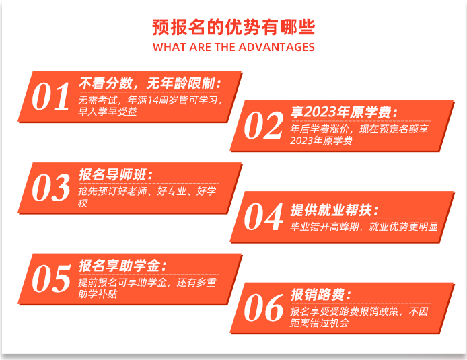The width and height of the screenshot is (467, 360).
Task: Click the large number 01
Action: pyautogui.click(x=50, y=96)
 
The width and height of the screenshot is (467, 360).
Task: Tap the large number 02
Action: pyautogui.click(x=263, y=125)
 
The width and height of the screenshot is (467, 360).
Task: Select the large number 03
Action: pyautogui.click(x=50, y=188)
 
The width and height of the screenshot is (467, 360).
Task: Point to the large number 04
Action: pyautogui.click(x=263, y=217)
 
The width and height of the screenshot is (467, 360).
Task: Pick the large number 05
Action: pyautogui.click(x=51, y=279)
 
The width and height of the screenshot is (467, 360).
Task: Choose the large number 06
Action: pyautogui.click(x=263, y=308)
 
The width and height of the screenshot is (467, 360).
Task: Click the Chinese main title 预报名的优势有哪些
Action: pyautogui.click(x=233, y=28)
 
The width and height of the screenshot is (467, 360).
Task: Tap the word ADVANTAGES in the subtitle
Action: pyautogui.click(x=277, y=47)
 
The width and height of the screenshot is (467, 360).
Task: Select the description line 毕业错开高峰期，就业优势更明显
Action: pyautogui.click(x=364, y=227)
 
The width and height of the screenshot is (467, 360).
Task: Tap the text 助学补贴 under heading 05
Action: pyautogui.click(x=98, y=294)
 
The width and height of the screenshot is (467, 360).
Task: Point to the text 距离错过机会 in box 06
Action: pyautogui.click(x=320, y=323)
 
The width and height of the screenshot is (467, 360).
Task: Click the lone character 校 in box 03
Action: pyautogui.click(x=83, y=203)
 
